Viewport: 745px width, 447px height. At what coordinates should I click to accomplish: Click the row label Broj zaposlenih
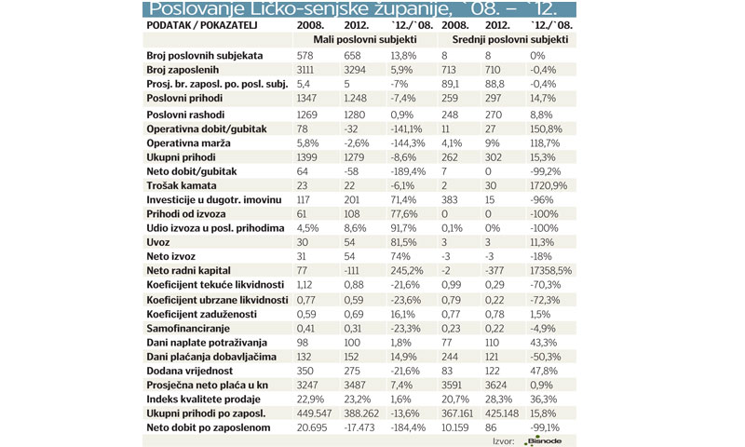tap(183, 71)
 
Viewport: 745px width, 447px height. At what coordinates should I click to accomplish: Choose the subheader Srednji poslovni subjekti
tap(509, 41)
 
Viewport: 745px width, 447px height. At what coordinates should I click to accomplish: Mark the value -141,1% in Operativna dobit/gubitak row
tap(406, 129)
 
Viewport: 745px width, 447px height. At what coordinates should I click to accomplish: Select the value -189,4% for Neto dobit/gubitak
tap(407, 171)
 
